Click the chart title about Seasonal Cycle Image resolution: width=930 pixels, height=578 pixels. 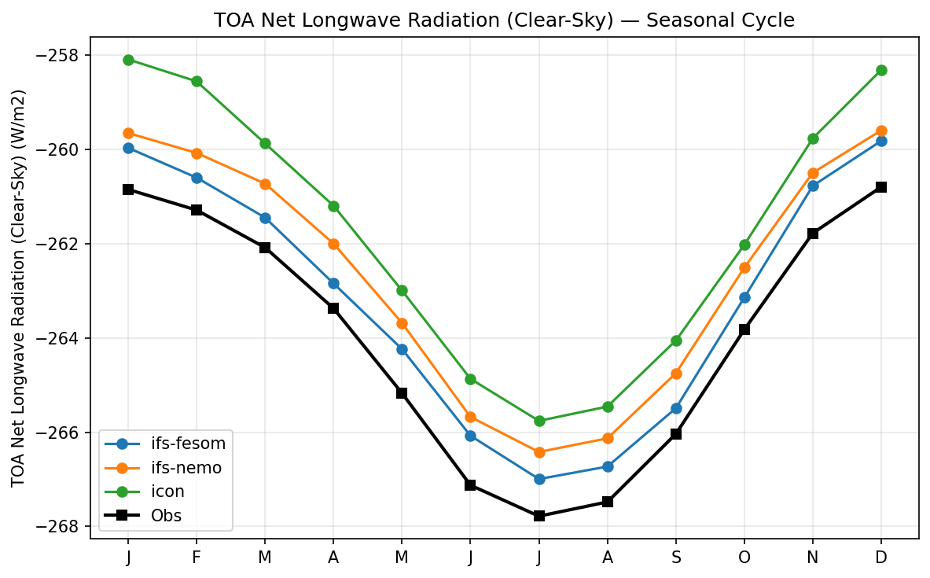tap(504, 20)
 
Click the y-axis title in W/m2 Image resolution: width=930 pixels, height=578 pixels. tap(19, 288)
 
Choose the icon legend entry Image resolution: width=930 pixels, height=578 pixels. tap(167, 491)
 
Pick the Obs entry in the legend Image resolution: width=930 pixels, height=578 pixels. tap(166, 516)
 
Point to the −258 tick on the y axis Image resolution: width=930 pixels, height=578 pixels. tap(62, 56)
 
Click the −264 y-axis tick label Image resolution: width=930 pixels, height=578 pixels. tap(62, 338)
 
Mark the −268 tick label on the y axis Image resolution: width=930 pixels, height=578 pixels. tap(62, 527)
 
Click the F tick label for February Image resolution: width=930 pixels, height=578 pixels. tap(197, 558)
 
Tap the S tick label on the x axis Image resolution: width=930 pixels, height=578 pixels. tap(675, 558)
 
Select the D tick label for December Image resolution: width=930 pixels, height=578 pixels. tap(881, 558)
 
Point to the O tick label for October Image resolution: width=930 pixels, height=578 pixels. tap(744, 558)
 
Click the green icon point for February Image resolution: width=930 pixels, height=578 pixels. tap(197, 81)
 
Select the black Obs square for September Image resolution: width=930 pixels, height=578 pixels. tap(675, 433)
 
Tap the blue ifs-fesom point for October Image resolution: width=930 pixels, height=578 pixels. tap(744, 297)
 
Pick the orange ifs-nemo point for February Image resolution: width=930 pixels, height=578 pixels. tap(197, 153)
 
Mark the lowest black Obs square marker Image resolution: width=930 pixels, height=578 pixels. tap(539, 516)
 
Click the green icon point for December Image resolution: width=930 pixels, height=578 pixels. tap(881, 70)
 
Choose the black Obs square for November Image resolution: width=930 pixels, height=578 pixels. tap(813, 234)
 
